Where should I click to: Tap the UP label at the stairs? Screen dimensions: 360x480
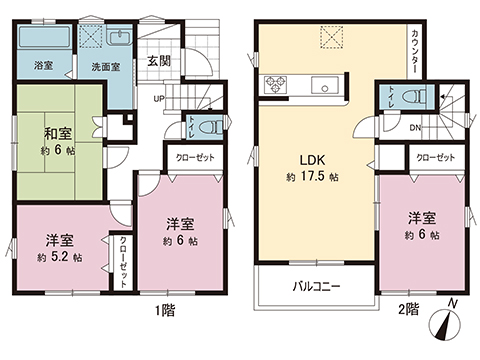pos(159,99)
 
